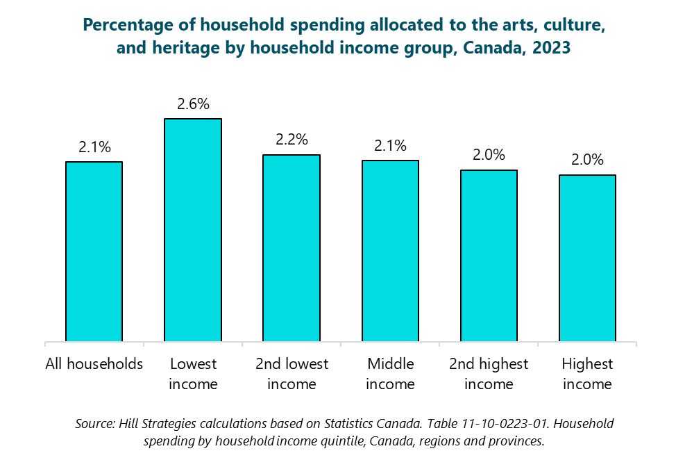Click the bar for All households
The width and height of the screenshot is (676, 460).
click(x=94, y=252)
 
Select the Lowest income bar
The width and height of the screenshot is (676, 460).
click(x=192, y=230)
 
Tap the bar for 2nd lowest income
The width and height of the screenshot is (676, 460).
click(x=291, y=248)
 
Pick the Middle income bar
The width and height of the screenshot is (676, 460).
click(x=390, y=251)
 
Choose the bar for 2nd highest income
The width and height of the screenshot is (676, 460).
click(x=489, y=256)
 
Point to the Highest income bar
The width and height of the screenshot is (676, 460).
click(x=587, y=258)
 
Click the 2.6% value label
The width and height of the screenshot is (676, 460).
click(x=193, y=104)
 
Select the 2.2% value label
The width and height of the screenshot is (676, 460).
click(x=291, y=140)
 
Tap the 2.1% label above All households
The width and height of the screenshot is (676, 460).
click(x=94, y=147)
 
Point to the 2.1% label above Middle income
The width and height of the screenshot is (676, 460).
click(x=390, y=146)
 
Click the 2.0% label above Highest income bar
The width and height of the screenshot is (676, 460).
click(x=587, y=160)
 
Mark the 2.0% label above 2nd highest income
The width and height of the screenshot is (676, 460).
click(x=489, y=155)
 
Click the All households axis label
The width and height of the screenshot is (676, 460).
click(x=94, y=364)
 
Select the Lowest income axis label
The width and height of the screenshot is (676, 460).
click(x=193, y=374)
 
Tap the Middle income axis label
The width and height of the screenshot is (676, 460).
click(x=390, y=374)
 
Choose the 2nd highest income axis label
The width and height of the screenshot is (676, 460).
click(x=489, y=374)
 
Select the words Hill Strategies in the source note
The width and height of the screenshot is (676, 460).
click(x=152, y=423)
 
